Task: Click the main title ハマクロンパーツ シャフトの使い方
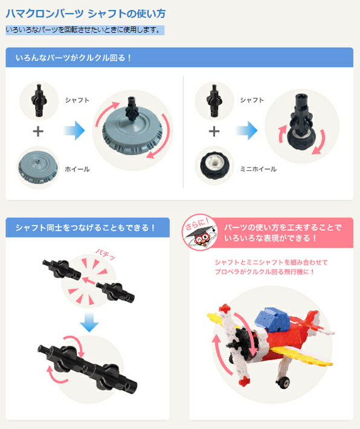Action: coord(86,14)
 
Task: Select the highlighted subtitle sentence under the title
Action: coord(84,30)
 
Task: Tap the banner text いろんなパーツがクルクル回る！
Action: coord(74,58)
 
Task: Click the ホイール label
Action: coord(77,169)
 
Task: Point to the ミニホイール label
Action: coord(259,169)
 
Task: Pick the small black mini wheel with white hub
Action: coord(214,165)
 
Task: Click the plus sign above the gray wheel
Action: coord(38,132)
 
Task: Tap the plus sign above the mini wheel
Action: coord(214,132)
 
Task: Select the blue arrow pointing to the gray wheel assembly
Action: coord(74,131)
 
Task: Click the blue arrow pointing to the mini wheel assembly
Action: coord(247,131)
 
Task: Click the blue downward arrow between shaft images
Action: coord(89,323)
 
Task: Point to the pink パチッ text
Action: coord(105,254)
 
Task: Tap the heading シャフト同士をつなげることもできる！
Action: coord(85,228)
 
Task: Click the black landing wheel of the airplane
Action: coord(283,382)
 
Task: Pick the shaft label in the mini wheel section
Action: coord(252,100)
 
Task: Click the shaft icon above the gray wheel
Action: coord(39,100)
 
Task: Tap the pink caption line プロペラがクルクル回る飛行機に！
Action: coord(265,272)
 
